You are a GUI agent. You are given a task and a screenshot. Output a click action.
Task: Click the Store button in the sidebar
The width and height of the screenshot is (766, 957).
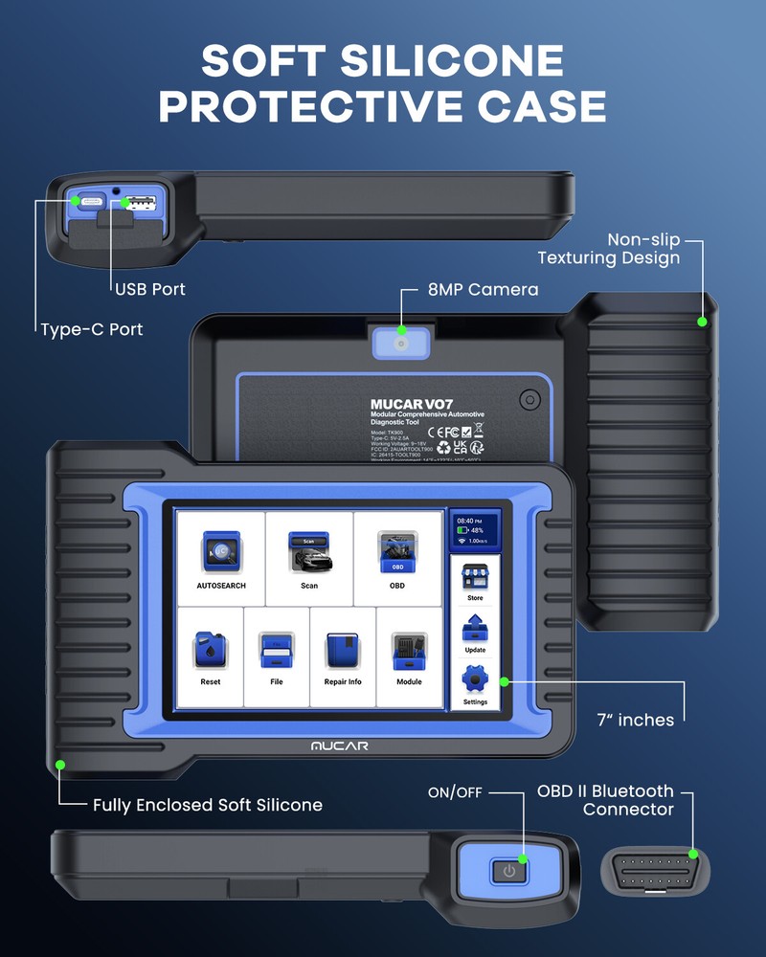(x=475, y=581)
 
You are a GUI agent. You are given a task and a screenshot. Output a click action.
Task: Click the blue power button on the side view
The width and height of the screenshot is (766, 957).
(x=509, y=872)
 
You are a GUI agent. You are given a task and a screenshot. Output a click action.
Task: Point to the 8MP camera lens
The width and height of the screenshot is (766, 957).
(x=401, y=342)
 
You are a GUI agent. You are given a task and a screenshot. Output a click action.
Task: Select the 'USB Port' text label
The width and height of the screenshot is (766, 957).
(x=150, y=289)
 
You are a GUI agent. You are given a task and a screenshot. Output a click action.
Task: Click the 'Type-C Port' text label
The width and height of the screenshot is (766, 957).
(x=92, y=329)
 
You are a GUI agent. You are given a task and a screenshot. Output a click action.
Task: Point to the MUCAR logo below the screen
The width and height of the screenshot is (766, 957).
(x=339, y=746)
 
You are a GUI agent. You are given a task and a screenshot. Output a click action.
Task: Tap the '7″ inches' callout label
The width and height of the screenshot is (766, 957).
(x=636, y=720)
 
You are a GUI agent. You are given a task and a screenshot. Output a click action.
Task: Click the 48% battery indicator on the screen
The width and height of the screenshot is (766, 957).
(x=475, y=529)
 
